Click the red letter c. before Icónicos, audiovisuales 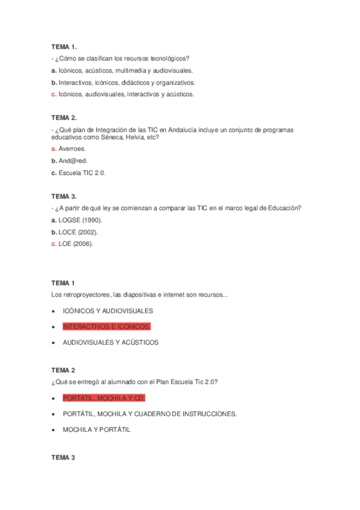click(x=53, y=94)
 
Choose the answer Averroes click(x=72, y=149)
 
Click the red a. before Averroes click(x=53, y=149)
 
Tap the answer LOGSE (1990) click(x=76, y=220)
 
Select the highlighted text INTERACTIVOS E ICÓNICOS click(x=106, y=327)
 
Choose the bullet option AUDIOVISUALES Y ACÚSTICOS click(x=111, y=342)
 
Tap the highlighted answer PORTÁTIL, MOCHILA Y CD click(x=103, y=398)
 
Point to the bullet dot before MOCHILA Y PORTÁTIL click(x=54, y=429)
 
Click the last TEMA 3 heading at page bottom click(x=63, y=458)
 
